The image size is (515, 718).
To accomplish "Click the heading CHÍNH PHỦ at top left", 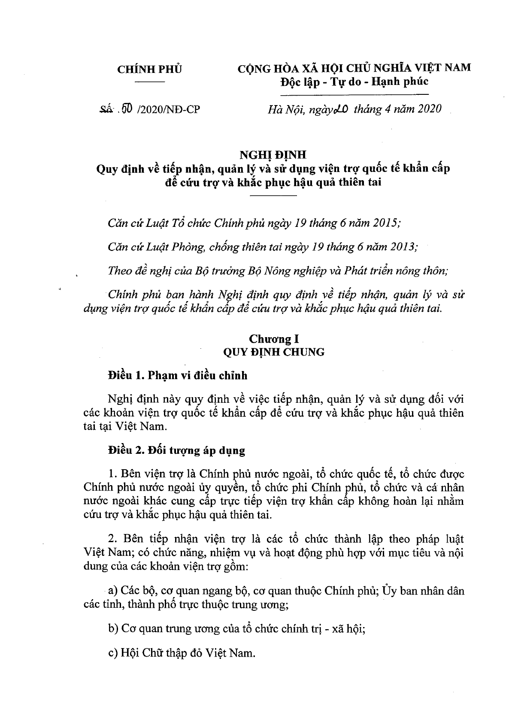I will [x=149, y=69].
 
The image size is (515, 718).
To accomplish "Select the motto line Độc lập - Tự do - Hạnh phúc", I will [x=354, y=81].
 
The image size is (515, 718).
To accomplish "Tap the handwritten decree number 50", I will [x=127, y=109].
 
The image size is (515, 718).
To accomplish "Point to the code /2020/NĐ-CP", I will [x=168, y=109].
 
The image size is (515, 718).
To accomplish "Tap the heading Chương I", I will [x=273, y=339].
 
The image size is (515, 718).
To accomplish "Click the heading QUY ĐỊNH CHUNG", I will [x=273, y=352].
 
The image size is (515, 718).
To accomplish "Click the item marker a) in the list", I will [x=113, y=591].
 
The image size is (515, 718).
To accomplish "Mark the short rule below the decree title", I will [x=273, y=196].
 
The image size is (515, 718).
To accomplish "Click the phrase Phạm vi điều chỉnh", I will [x=197, y=376].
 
